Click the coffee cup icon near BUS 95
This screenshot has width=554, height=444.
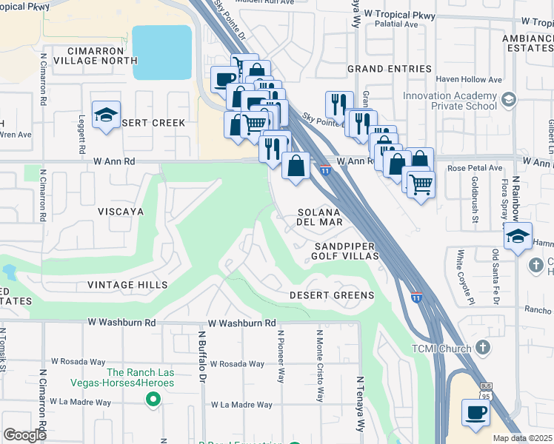tap(475, 412)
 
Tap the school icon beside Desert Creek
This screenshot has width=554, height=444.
tap(107, 115)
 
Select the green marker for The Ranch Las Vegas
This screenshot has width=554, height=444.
tap(153, 400)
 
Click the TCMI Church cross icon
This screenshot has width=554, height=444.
tap(482, 347)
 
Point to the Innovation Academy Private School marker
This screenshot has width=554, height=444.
tap(508, 100)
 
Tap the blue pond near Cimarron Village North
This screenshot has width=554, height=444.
tap(161, 53)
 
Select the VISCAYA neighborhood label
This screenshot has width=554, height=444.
tap(120, 211)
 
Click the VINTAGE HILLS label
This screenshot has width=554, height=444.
tap(127, 285)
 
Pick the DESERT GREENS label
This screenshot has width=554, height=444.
tap(331, 295)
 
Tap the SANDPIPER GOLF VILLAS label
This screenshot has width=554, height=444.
tap(346, 250)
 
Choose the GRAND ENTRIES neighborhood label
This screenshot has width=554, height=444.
tap(390, 69)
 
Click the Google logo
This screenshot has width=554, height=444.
tap(24, 435)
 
